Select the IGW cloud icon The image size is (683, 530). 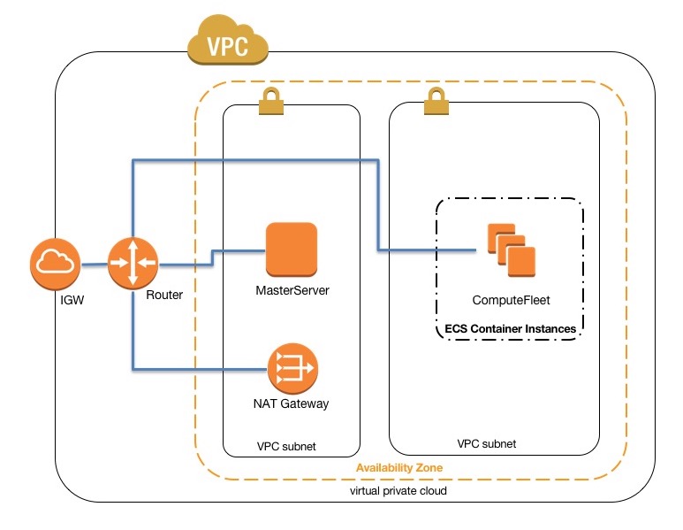point(56,264)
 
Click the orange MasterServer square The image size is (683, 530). point(292,249)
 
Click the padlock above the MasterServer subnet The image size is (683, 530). point(269,106)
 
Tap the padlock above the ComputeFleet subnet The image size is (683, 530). point(435,106)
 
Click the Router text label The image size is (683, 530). point(164,295)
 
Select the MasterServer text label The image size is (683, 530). point(292,289)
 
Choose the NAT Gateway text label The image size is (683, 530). point(291,403)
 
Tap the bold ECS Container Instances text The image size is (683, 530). point(510,328)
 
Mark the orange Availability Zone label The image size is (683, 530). point(398,467)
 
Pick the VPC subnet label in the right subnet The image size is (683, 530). point(487,442)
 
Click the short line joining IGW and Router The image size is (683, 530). point(95,264)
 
